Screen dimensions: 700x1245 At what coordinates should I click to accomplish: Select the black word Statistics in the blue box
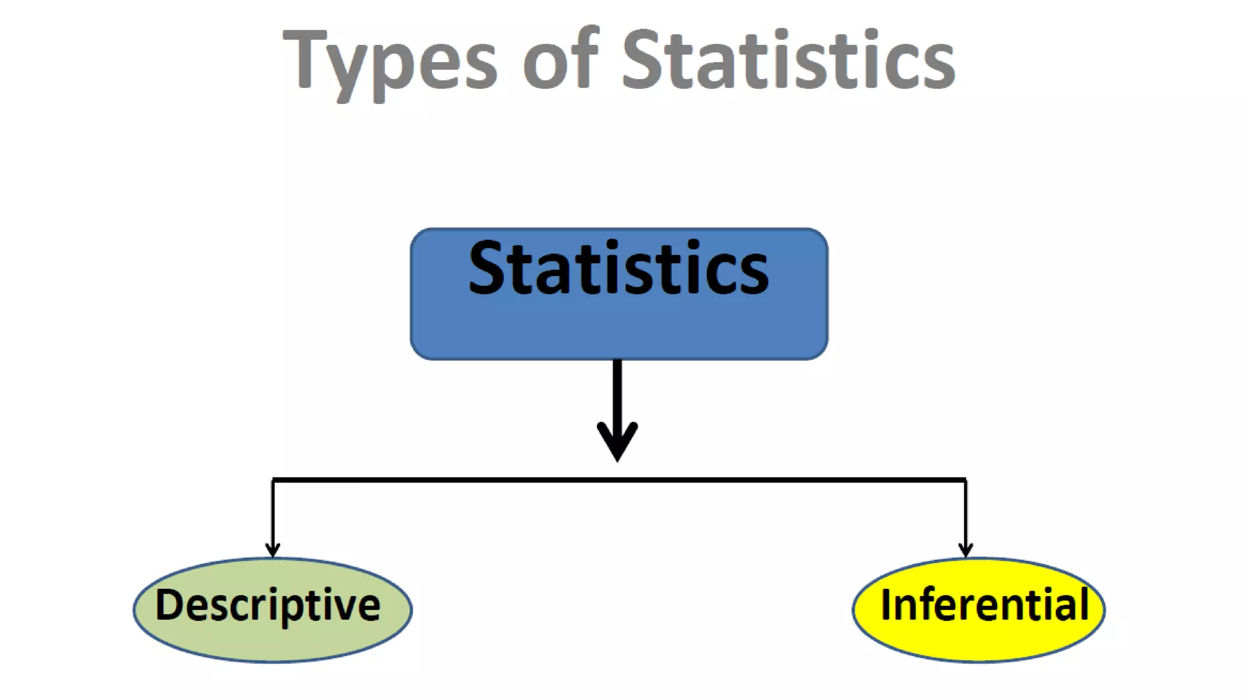pos(618,268)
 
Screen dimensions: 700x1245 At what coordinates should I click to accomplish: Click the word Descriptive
pos(267,605)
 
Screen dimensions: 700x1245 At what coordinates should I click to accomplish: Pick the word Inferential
pos(985,605)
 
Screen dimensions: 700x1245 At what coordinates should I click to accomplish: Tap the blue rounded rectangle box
pos(618,328)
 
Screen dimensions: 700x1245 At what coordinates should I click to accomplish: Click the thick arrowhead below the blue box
pos(618,441)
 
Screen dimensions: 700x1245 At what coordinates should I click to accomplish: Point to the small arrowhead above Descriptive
pos(273,549)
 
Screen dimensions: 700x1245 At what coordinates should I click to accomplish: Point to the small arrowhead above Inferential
pos(965,549)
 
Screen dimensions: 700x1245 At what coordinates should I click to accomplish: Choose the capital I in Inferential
pos(886,604)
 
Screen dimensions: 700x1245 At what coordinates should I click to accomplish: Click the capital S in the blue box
pos(486,268)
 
